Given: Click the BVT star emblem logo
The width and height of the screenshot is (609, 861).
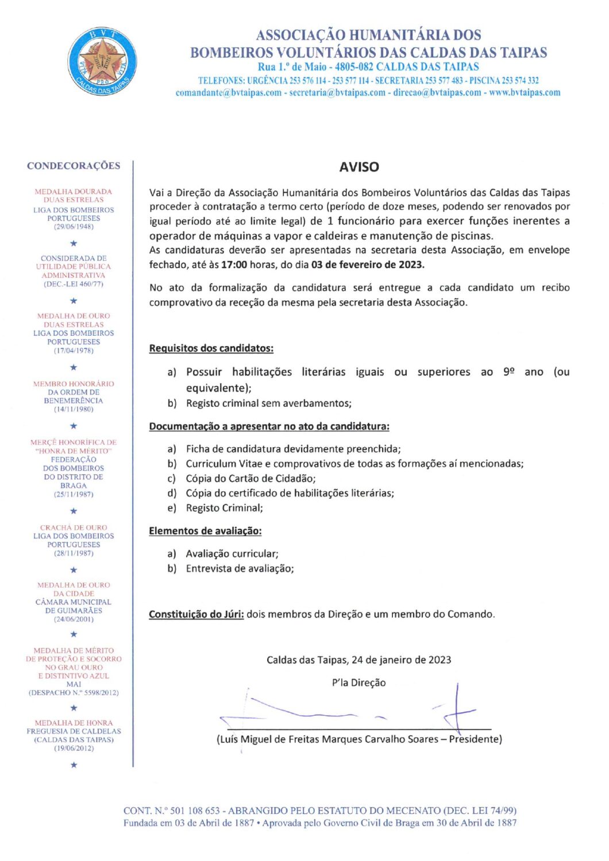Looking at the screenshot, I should [x=102, y=61].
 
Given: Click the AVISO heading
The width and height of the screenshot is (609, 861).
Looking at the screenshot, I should [x=359, y=167].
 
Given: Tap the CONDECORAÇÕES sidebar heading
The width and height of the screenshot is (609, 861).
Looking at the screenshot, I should [x=74, y=166].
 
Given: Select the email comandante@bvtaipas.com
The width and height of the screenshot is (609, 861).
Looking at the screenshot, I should [x=229, y=93].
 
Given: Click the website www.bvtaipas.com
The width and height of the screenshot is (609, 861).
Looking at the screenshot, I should [x=525, y=93].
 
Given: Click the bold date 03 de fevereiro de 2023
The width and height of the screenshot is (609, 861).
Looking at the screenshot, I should [x=368, y=265].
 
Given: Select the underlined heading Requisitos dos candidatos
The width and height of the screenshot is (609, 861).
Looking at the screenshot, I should [x=211, y=348].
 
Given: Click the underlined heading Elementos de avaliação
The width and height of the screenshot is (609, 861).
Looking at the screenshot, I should [x=205, y=531].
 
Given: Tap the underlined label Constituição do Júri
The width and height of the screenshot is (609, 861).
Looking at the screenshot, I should [x=196, y=614].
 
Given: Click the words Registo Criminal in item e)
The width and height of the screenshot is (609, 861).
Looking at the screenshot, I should [x=224, y=508].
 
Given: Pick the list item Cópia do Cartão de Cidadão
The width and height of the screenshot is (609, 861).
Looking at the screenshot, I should [x=250, y=479].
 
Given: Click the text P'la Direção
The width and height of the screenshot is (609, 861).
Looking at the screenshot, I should [x=359, y=683].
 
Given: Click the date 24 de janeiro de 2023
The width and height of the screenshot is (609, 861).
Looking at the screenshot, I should [x=402, y=660].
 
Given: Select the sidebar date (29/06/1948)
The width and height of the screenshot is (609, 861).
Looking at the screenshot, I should [x=74, y=227].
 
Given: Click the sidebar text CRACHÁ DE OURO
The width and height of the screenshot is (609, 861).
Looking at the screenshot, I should [x=74, y=528].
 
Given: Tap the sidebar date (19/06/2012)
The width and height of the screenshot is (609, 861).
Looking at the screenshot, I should [x=74, y=748].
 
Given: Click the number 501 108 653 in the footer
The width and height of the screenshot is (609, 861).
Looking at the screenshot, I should [x=195, y=811].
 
